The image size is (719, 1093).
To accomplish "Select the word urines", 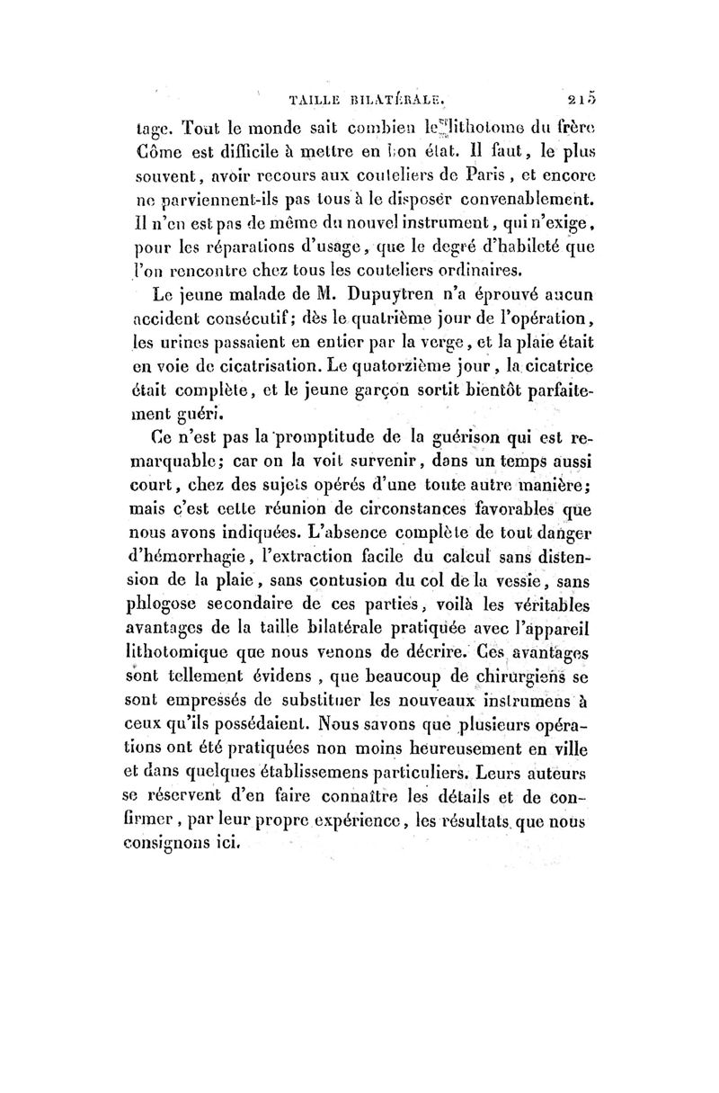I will (198, 342).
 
